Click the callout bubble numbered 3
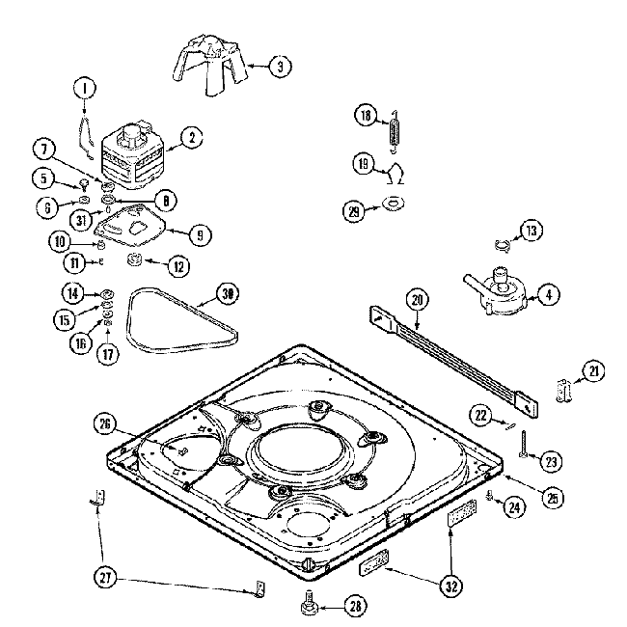pyautogui.click(x=280, y=67)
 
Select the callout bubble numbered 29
pyautogui.click(x=354, y=209)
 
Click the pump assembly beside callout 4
pyautogui.click(x=498, y=291)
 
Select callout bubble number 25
pyautogui.click(x=553, y=499)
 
